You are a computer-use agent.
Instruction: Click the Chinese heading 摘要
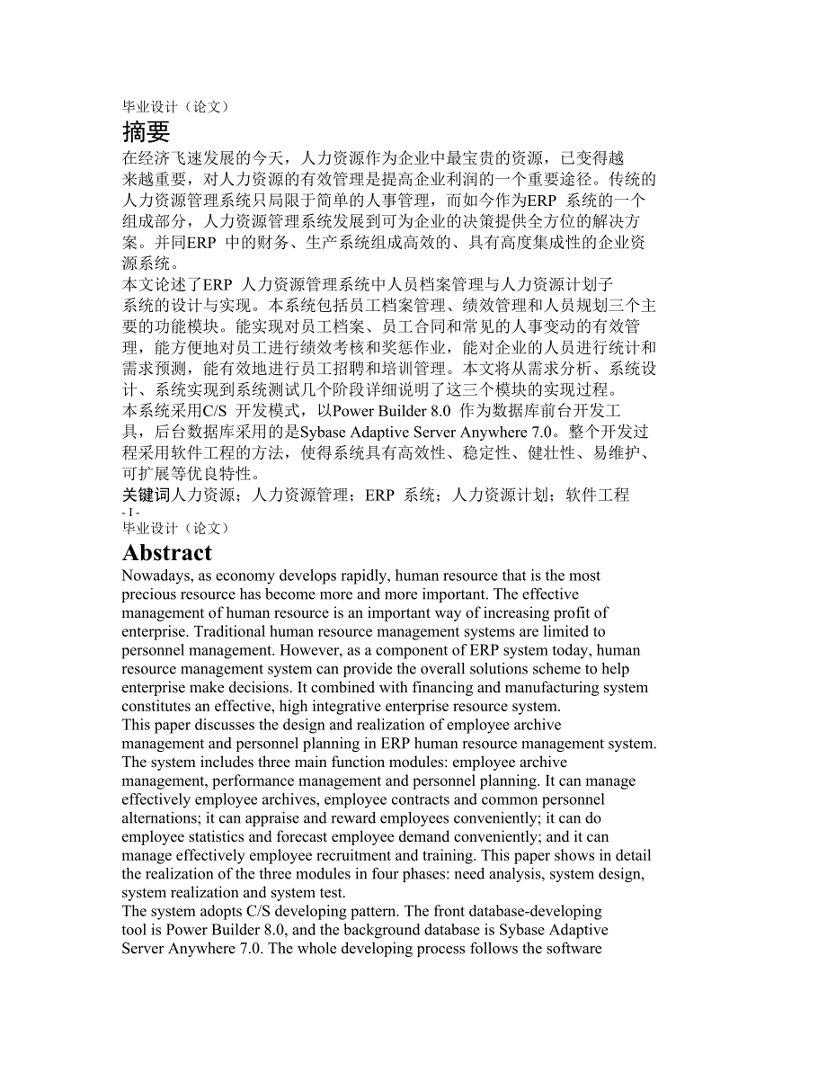tap(146, 132)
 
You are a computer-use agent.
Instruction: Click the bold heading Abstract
tap(167, 552)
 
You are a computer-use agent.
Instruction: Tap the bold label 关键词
tap(146, 494)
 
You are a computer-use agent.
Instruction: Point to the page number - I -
tap(130, 512)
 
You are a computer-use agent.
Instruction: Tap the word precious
tap(147, 594)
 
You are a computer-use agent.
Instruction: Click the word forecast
tap(278, 837)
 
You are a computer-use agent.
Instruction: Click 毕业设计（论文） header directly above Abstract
tap(175, 528)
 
